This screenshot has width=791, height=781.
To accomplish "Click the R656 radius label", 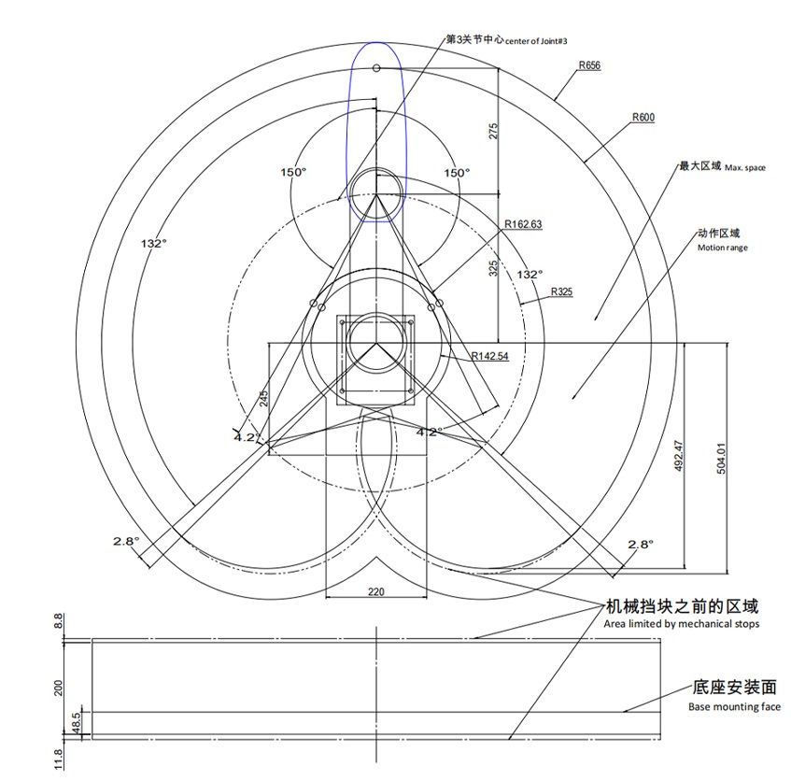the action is point(589,65).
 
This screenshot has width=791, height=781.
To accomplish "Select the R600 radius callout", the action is point(643,117).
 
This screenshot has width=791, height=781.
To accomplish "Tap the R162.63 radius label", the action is point(523,224).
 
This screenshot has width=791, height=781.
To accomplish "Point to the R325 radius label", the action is point(561,291).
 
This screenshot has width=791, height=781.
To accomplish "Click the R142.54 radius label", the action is point(490,356).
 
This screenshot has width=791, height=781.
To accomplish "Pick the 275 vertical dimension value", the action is point(493,131).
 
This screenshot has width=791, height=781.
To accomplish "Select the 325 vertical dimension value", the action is point(493,268).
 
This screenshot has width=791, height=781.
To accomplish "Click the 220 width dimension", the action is point(375,591).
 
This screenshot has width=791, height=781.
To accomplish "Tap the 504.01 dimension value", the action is point(721,459).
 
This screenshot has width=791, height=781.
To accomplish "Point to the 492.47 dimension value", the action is point(679,457).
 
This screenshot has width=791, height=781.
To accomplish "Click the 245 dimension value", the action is point(264,399).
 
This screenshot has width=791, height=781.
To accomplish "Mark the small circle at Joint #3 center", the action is point(376,67).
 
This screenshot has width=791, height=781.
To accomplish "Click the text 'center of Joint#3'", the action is point(536,41).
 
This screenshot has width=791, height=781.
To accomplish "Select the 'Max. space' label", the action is point(745,168).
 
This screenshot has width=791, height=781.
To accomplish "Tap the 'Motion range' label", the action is point(723,248).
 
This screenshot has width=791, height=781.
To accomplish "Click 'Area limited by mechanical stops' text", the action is point(681,624).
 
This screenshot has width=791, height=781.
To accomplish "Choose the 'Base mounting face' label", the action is point(734,707).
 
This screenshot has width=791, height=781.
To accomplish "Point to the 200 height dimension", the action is point(59,688).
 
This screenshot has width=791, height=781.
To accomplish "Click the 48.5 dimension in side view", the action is point(77,723).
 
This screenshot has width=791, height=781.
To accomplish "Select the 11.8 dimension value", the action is point(59,760).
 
